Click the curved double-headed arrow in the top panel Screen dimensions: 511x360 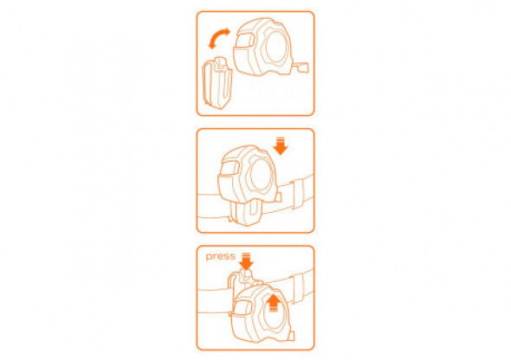(219, 35)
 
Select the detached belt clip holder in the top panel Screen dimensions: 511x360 (217, 83)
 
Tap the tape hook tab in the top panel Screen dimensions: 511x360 (303, 67)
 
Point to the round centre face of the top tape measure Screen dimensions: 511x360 (277, 47)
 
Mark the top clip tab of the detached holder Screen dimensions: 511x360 (221, 62)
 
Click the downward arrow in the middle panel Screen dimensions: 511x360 (281, 146)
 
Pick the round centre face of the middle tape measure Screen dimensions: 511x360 (262, 175)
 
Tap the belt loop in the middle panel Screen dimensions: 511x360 (299, 194)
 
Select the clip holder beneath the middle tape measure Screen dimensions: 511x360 (245, 213)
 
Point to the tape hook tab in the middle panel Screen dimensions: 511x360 (278, 197)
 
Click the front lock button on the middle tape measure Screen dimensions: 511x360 (230, 168)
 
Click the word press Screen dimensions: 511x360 (221, 256)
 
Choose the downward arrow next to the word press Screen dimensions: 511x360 (246, 261)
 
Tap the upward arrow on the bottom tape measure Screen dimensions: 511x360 (274, 303)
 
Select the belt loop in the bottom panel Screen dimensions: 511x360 (299, 287)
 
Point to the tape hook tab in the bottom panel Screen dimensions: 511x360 (291, 336)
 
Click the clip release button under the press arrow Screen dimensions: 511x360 (245, 275)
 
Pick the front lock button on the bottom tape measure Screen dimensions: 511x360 (243, 307)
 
